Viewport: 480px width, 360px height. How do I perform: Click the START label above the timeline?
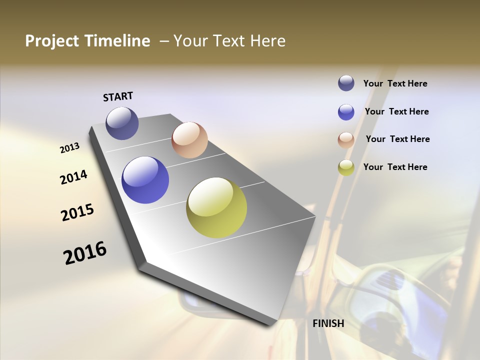coord(118,96)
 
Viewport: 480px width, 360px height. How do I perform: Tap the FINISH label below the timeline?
coord(328,323)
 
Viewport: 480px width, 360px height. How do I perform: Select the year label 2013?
coord(70,148)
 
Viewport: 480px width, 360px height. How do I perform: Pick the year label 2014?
coord(74,177)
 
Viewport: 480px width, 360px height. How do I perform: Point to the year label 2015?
coord(77,212)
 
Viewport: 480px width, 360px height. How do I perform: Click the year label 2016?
coord(85,253)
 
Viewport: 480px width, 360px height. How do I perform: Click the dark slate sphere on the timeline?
coord(122,123)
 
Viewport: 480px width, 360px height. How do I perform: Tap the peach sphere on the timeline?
coord(189,140)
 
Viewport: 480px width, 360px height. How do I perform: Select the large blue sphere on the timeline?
coord(145,180)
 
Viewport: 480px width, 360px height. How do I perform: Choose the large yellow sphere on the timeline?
coord(216,207)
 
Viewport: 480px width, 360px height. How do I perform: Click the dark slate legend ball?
coord(346,83)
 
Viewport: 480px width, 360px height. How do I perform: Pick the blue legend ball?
coord(346,112)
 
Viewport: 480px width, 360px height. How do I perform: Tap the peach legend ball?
coord(346,140)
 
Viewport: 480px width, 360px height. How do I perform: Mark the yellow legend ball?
coord(346,167)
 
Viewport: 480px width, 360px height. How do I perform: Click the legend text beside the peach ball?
coord(397,139)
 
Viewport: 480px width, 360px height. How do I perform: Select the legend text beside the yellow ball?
coord(395,167)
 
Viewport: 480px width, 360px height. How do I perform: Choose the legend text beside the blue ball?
coord(396,111)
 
